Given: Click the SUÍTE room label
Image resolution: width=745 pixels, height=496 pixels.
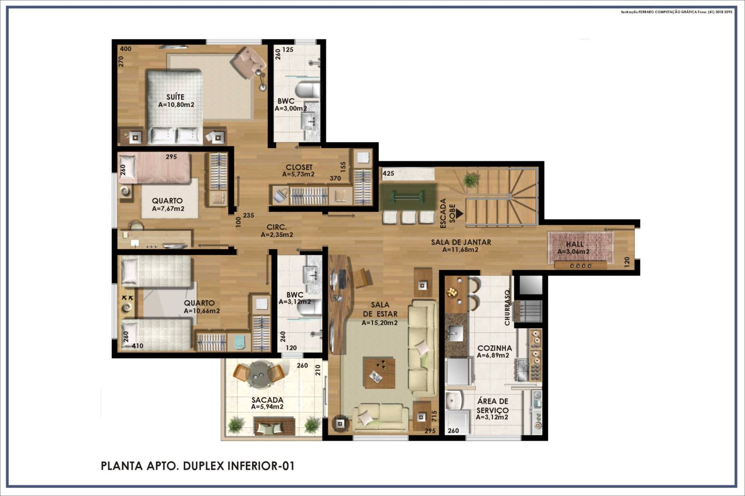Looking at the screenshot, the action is point(175,97).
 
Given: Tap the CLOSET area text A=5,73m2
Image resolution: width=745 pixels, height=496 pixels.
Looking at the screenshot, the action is point(298,174).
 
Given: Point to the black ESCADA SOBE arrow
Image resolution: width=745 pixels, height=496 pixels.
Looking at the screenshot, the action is point(460,213).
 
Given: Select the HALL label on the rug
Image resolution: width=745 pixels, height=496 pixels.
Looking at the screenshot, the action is point(574,244).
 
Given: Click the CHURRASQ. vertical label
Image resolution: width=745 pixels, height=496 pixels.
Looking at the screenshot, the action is point(507,307).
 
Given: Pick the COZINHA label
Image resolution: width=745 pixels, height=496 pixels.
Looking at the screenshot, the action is point(494,348).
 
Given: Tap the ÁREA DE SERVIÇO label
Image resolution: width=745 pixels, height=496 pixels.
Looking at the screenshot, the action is point(493,406).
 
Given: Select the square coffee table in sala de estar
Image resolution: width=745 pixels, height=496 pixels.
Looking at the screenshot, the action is point(379,373).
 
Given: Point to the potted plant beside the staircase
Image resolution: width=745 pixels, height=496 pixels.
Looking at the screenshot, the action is point(470,180).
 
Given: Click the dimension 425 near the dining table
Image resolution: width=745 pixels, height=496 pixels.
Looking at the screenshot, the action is point(388,173).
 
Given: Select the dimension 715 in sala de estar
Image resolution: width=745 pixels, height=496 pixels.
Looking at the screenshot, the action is point(434,416).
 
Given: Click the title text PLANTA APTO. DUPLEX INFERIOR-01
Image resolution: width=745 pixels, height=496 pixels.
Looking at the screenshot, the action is point(198,466).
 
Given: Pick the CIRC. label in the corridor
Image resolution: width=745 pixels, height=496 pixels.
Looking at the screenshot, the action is point(277,227).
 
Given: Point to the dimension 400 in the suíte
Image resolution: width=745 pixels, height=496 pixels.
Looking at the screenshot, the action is point(126,49).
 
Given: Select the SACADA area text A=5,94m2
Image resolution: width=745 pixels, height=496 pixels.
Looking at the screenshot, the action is point(267,407).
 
